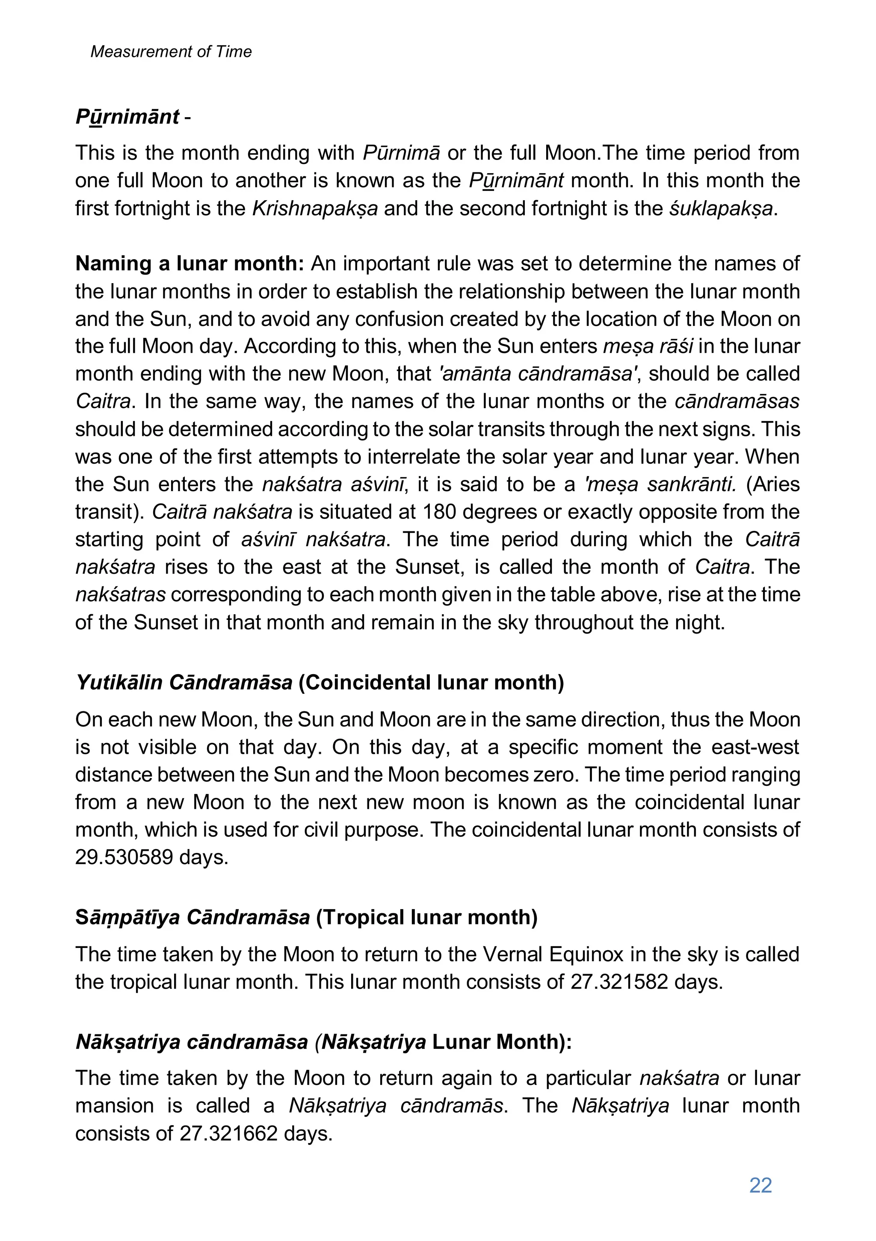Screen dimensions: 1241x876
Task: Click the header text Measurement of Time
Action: [171, 51]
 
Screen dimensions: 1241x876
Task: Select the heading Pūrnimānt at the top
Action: [127, 117]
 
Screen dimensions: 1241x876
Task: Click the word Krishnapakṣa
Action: [315, 209]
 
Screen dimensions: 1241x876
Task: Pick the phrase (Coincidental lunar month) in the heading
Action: [431, 683]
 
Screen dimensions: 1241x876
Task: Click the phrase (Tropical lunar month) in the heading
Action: [426, 917]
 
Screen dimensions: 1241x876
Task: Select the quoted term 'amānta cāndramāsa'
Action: [538, 374]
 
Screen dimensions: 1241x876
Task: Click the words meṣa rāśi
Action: [648, 347]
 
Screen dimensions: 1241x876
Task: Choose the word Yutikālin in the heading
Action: [119, 683]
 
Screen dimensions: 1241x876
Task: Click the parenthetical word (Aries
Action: [773, 484]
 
